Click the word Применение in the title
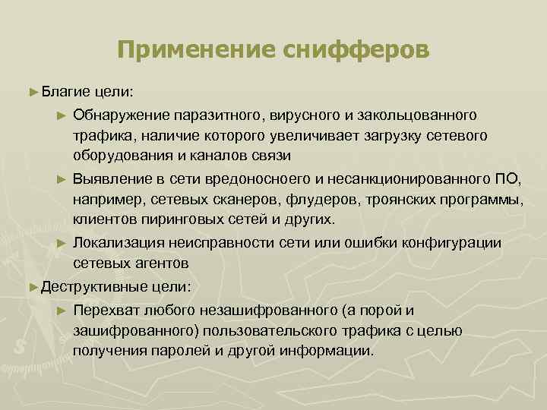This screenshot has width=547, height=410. click(x=197, y=50)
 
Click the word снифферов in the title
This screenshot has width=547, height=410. click(x=356, y=50)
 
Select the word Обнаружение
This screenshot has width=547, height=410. click(x=122, y=115)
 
